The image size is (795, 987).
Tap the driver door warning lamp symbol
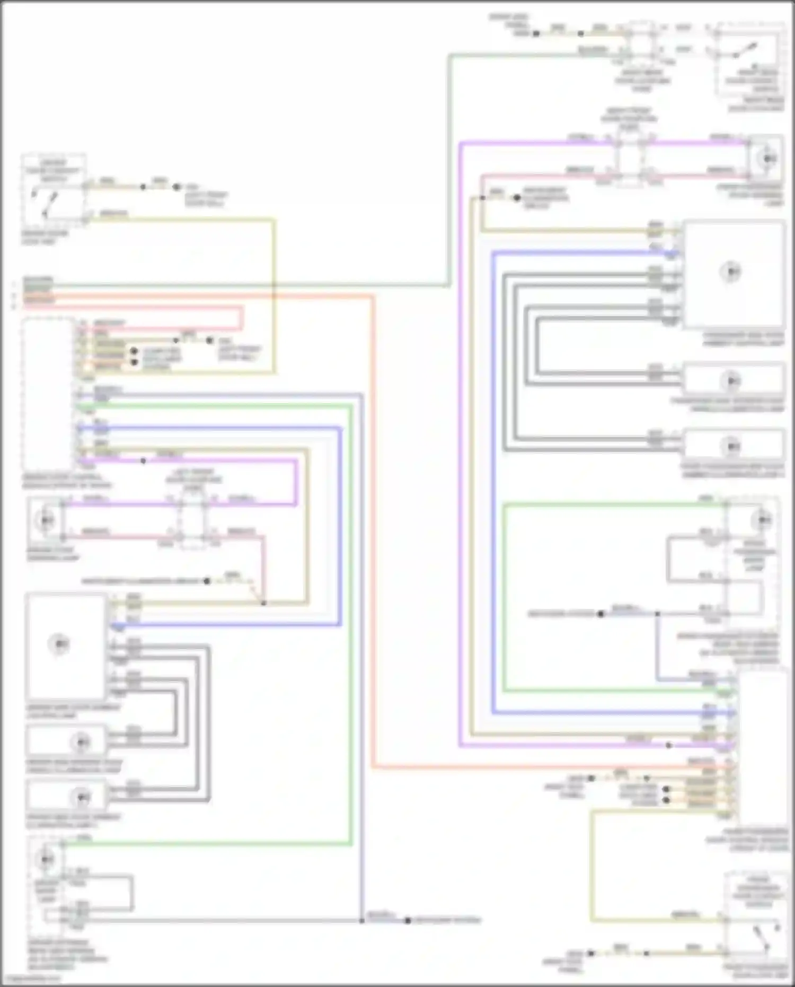pos(45,520)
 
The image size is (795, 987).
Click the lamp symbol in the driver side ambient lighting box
pos(59,644)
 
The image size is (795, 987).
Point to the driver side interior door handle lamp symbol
pos(82,741)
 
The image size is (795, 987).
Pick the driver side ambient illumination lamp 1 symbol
pos(82,797)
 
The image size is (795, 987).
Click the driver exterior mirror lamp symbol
pos(46,859)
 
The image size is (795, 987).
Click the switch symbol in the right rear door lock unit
pos(739,50)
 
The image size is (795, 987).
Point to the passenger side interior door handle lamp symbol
pos(731,381)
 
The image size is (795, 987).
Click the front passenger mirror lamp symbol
pos(763,520)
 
